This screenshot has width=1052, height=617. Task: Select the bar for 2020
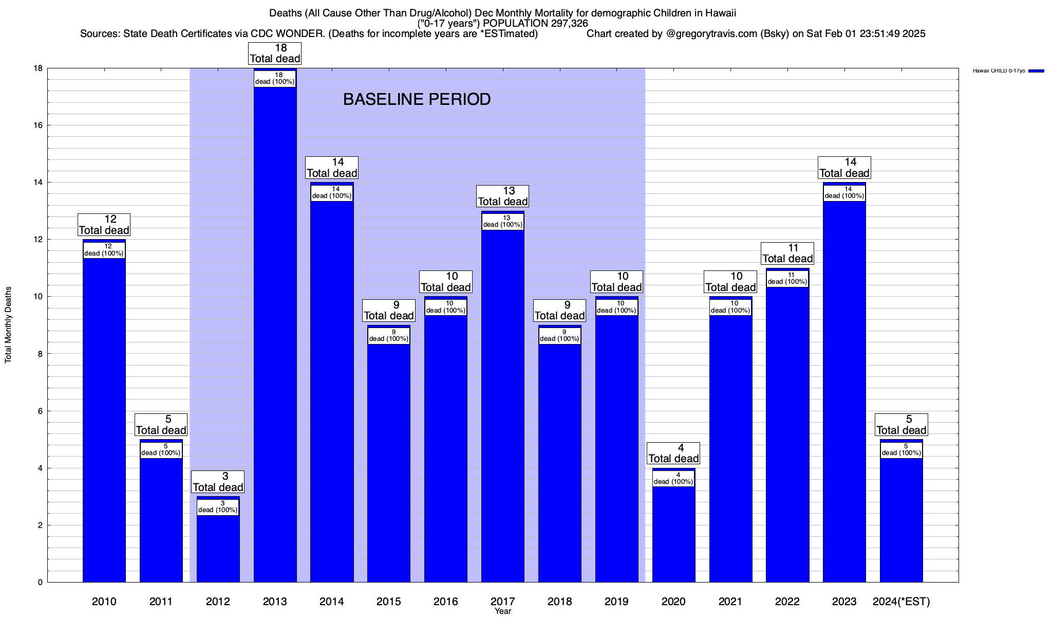673,535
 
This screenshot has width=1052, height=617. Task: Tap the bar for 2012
218,550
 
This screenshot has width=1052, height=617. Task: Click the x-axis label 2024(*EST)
901,601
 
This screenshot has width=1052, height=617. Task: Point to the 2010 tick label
104,601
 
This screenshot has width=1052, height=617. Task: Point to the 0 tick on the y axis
39,583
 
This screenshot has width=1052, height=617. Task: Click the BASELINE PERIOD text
417,99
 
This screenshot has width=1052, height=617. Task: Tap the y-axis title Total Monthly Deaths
8,325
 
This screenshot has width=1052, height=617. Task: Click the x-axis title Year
503,611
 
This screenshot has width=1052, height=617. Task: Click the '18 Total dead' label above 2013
275,53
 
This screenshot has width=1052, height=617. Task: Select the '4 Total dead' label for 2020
673,453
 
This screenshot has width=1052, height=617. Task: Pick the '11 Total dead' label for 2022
787,253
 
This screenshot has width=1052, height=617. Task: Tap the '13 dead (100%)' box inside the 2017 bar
502,221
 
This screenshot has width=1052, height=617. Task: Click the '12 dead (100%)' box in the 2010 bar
104,250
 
